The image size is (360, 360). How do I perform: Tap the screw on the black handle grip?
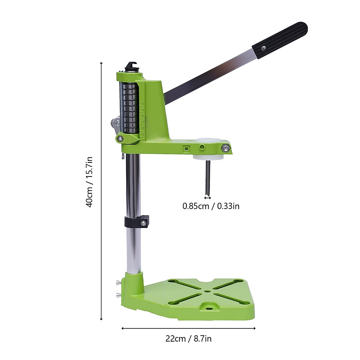(x=263, y=48)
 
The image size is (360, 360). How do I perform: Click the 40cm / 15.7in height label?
(x=90, y=182)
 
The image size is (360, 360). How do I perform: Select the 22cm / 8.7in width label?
(x=188, y=339)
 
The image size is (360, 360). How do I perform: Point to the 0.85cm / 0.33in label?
(x=211, y=206)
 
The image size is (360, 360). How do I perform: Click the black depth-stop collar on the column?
(x=137, y=221)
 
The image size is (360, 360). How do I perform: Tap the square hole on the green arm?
(x=186, y=148)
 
